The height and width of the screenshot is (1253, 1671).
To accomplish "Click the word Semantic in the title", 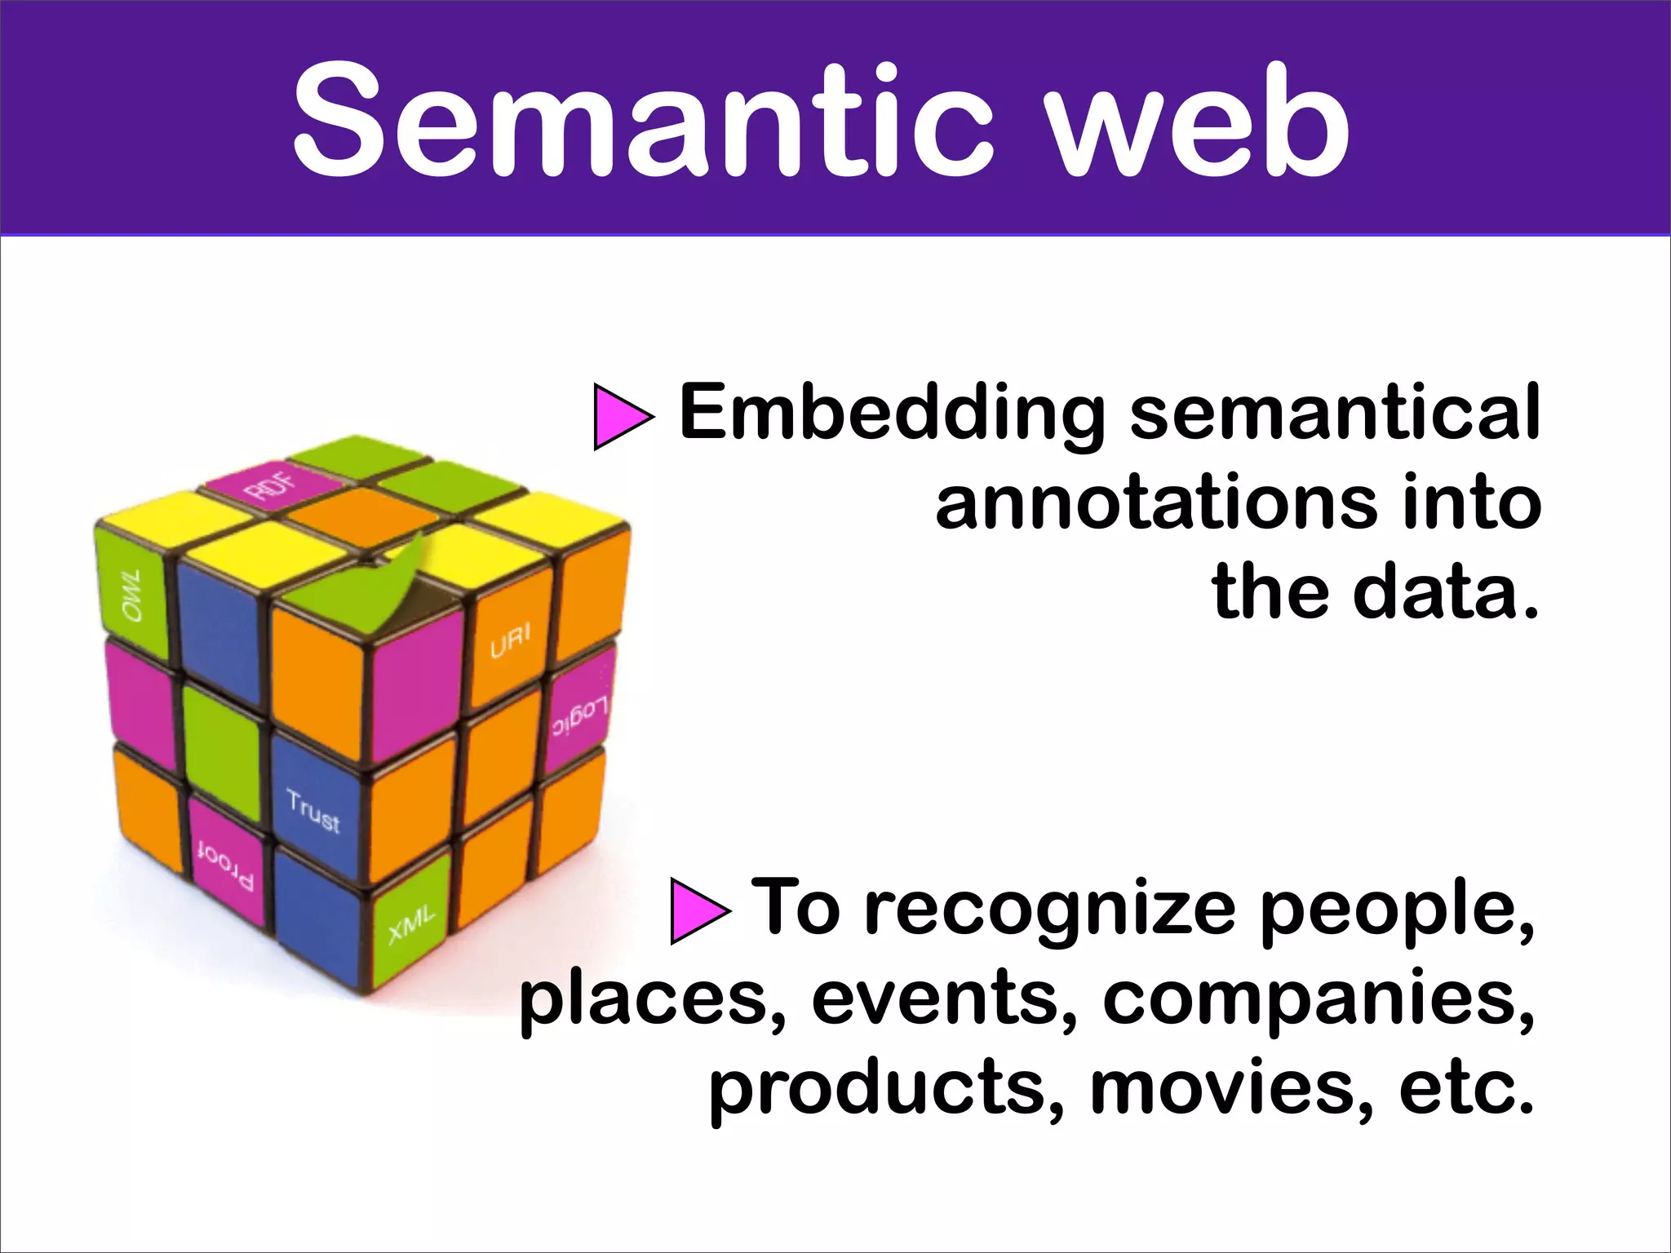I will (x=645, y=121).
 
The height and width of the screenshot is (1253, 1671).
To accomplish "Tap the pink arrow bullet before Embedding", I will (x=622, y=417).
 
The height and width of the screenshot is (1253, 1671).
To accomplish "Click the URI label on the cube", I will (x=510, y=641).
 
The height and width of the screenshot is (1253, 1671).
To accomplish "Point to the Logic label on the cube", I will (x=578, y=715).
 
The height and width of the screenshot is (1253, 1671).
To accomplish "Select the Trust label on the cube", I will (x=313, y=811).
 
